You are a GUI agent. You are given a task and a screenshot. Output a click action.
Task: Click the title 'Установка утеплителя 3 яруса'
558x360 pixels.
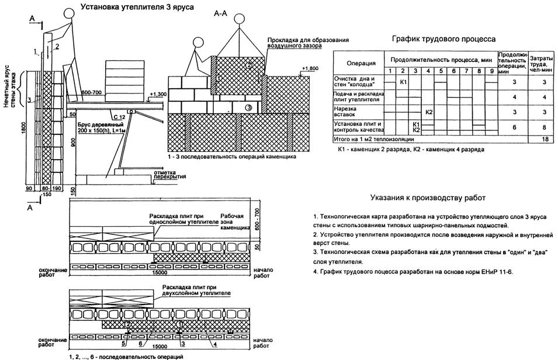click(x=133, y=7)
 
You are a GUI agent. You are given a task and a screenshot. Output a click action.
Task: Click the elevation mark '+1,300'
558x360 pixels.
click(x=157, y=94)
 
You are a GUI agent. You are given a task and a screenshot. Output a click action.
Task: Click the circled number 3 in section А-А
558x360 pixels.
click(x=248, y=108)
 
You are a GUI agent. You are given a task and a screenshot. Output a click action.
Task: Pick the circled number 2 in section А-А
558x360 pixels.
click(x=249, y=65)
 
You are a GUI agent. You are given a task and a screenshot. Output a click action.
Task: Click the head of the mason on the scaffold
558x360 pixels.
click(x=68, y=12)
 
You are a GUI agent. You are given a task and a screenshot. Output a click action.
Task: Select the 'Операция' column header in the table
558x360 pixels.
click(x=358, y=62)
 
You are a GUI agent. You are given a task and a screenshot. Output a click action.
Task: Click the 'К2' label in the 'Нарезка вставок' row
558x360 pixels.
click(x=429, y=111)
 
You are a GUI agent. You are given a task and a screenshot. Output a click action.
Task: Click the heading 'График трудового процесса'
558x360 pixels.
click(x=443, y=39)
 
